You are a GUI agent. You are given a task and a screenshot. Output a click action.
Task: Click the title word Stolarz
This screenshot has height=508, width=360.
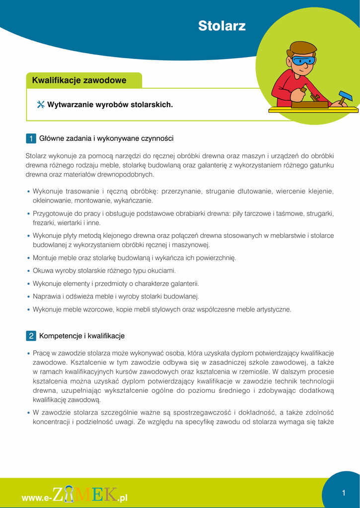tap(221, 26)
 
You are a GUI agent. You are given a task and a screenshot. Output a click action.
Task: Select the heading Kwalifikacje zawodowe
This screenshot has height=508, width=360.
tap(79, 80)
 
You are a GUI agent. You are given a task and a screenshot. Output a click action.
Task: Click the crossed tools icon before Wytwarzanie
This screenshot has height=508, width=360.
tap(41, 105)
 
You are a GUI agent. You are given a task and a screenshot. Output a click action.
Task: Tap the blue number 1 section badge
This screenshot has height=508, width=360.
tap(31, 138)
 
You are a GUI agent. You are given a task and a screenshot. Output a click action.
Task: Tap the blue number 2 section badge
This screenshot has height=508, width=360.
tap(31, 336)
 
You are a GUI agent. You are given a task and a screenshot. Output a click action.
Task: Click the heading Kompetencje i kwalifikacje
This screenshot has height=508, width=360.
tap(82, 336)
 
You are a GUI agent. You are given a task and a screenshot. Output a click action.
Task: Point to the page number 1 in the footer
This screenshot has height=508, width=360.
tap(343, 493)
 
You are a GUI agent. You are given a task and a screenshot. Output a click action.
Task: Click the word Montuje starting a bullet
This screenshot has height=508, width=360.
tap(44, 258)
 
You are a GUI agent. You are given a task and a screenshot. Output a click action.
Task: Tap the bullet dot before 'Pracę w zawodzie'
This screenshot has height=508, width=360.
tap(29, 354)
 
